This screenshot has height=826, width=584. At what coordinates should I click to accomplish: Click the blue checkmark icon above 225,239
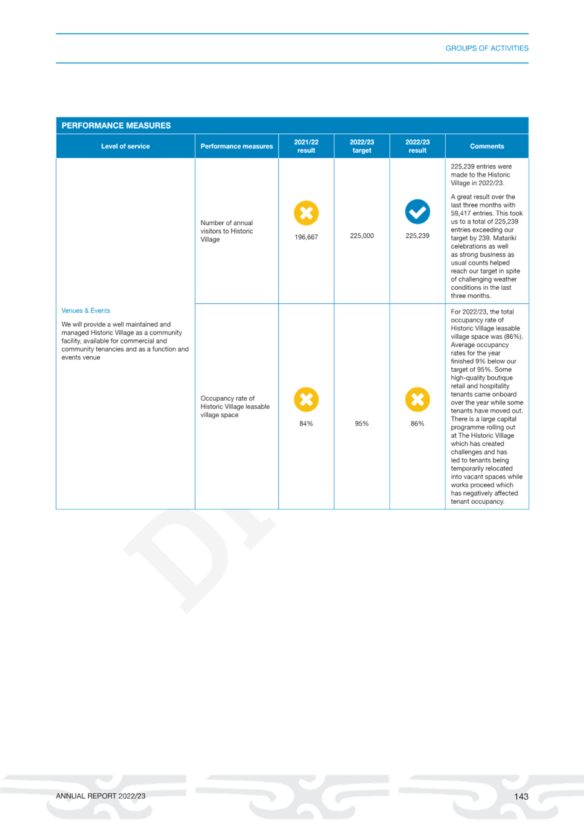[417, 212]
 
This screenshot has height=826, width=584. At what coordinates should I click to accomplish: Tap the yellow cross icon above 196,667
[306, 213]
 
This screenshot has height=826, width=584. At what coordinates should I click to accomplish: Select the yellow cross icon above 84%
[306, 399]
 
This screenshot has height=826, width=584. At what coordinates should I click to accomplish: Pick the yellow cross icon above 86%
[417, 399]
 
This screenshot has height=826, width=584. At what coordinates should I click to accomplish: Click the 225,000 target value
[361, 235]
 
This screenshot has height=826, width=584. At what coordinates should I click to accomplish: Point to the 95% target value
[361, 424]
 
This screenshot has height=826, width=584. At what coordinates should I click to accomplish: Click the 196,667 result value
[306, 237]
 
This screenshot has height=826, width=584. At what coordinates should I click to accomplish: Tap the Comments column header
[487, 146]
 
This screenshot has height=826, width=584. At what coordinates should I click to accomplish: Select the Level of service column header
[125, 146]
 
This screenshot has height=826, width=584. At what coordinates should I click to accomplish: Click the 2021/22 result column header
[306, 146]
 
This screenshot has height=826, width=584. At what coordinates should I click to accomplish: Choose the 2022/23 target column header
[362, 146]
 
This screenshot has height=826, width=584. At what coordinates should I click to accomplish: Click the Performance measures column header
[236, 146]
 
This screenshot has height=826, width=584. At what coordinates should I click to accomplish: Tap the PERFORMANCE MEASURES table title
[116, 126]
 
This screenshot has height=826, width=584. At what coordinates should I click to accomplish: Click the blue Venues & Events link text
[86, 310]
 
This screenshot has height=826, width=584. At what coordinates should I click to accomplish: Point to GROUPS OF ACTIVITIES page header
[487, 48]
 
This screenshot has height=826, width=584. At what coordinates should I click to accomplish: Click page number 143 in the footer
[521, 796]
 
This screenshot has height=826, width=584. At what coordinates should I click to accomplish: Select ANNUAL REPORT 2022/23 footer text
[101, 796]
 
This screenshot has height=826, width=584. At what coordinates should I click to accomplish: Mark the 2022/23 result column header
[417, 146]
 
